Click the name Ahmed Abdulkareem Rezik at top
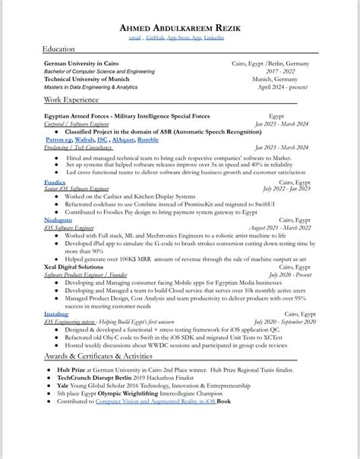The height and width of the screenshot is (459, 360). click(x=180, y=28)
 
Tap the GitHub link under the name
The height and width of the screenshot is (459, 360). click(x=155, y=37)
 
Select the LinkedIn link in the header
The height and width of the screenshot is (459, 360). click(x=213, y=37)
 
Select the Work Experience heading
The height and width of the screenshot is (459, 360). click(x=71, y=99)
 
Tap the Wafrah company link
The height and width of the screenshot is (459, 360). click(x=85, y=140)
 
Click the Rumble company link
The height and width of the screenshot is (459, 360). click(x=148, y=140)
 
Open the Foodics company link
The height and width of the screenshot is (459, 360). click(x=55, y=182)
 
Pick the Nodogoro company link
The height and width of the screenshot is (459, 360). click(x=59, y=219)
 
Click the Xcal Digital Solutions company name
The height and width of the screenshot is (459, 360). click(x=74, y=267)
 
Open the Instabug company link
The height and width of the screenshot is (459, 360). click(x=56, y=313)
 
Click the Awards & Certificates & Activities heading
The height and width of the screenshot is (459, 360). click(x=98, y=355)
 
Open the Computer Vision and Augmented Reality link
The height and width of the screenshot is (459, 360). click(x=155, y=401)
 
